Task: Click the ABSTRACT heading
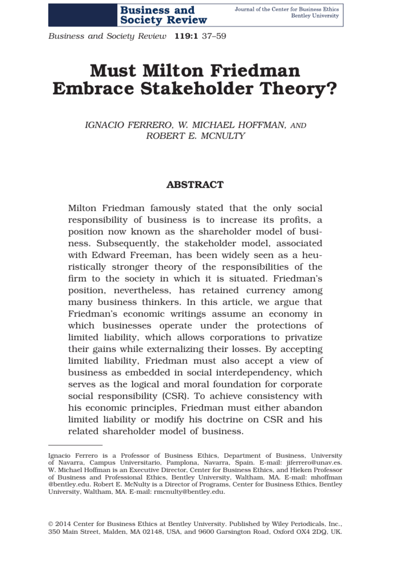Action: pos(194,185)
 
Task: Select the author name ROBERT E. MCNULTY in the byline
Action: pos(195,136)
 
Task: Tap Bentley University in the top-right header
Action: pos(315,15)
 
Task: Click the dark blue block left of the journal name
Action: pos(82,15)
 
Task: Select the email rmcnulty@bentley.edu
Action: pos(189,492)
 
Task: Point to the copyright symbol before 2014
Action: pos(51,524)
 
